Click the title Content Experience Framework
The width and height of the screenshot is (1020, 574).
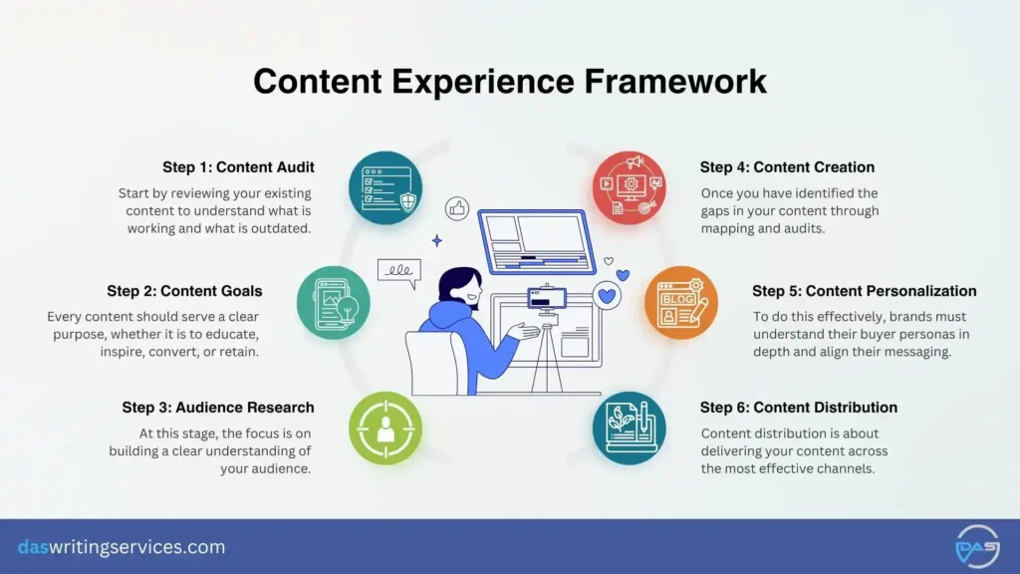(510, 81)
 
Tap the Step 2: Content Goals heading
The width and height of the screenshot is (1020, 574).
(184, 291)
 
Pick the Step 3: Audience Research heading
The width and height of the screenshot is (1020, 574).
(218, 408)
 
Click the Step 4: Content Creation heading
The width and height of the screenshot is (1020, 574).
(787, 167)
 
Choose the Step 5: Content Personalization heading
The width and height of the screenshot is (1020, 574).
(864, 291)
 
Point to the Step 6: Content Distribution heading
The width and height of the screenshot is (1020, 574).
(798, 408)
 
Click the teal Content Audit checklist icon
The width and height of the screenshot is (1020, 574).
(384, 187)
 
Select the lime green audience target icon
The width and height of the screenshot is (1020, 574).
(384, 428)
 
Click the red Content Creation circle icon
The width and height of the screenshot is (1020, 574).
(629, 187)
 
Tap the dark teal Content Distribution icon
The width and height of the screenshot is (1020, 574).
(629, 428)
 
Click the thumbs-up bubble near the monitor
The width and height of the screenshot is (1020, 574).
(458, 208)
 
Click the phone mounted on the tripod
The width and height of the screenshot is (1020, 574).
(546, 298)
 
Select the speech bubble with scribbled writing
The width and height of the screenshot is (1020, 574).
(398, 271)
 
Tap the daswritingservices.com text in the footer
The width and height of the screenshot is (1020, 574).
(122, 547)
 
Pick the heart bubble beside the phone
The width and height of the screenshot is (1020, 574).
(607, 295)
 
